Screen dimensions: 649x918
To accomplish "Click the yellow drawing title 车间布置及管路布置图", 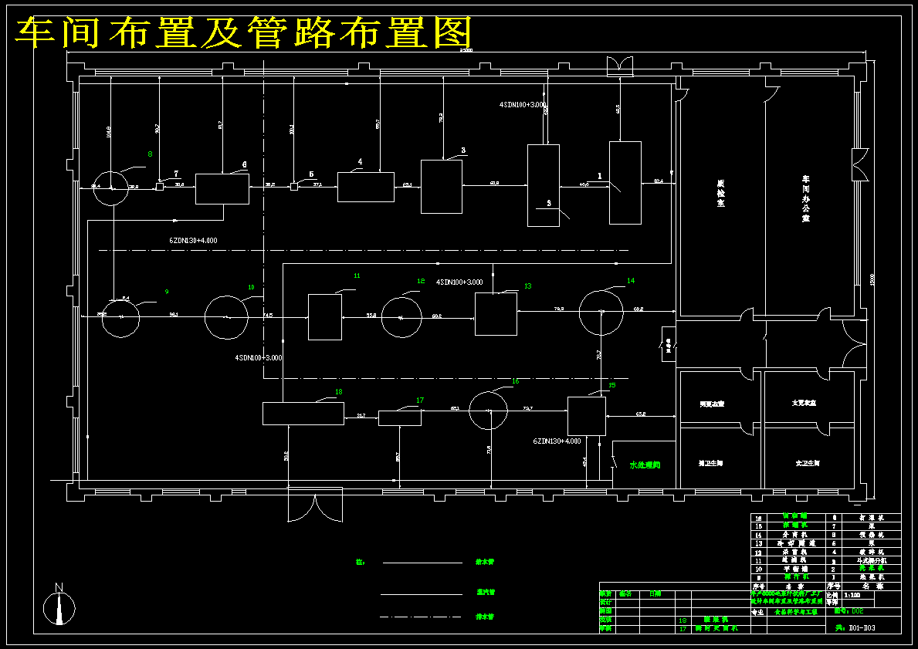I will [x=244, y=32].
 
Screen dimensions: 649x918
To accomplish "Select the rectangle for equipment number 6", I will [x=222, y=189].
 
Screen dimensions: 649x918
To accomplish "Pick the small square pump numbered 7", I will [x=160, y=186].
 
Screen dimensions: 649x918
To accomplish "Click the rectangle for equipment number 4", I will [x=366, y=187].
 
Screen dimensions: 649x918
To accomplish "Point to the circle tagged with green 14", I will [x=601, y=312].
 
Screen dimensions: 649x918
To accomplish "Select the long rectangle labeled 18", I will [x=303, y=414].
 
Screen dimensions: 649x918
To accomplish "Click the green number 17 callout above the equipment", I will [x=420, y=400].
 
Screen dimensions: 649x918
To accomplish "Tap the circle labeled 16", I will [x=488, y=409].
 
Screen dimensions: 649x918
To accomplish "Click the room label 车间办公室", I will [x=805, y=199].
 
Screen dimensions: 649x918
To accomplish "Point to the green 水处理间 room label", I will [x=645, y=465].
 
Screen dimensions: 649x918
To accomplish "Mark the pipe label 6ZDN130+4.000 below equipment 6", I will [x=194, y=241].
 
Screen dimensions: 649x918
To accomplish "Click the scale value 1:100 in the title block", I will [x=853, y=595].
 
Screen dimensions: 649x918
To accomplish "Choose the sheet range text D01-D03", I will [x=862, y=629].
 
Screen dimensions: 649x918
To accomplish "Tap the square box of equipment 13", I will [x=496, y=314].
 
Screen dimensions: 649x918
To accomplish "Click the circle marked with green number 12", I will [x=401, y=316].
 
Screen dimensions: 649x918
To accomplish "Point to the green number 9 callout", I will [x=166, y=291].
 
